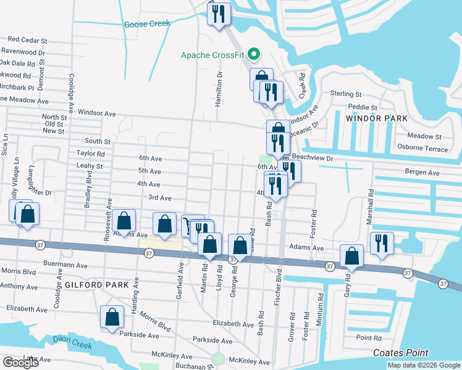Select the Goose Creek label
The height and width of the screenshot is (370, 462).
[147, 24]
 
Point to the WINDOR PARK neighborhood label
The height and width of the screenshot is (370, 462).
[377, 118]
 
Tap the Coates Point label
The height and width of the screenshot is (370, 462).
[401, 353]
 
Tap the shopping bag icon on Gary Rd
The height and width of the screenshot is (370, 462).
[351, 257]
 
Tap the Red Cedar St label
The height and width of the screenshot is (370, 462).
[28, 40]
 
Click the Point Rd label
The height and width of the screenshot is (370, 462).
[369, 337]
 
